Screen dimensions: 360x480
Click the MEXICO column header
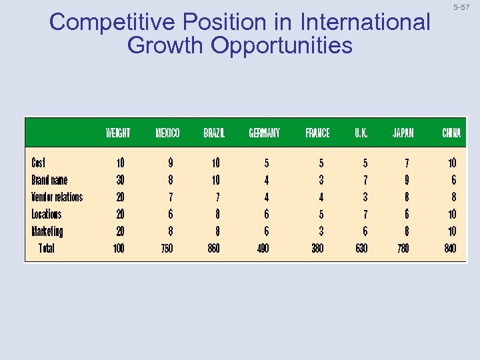tap(167, 133)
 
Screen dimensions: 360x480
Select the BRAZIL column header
tap(215, 133)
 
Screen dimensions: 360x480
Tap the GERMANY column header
tap(264, 133)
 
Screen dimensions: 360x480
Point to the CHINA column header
tap(451, 133)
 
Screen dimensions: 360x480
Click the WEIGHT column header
tap(118, 133)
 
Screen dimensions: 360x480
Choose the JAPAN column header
tap(403, 133)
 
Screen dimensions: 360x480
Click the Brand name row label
tap(49, 180)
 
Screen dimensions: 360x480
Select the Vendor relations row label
tap(57, 197)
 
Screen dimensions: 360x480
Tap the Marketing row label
tap(47, 231)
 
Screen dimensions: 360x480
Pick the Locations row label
tap(47, 214)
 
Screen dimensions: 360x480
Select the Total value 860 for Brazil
tap(213, 249)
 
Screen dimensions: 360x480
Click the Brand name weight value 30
tap(120, 180)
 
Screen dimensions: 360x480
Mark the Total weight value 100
tap(118, 249)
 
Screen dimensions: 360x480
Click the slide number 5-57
tap(461, 7)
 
